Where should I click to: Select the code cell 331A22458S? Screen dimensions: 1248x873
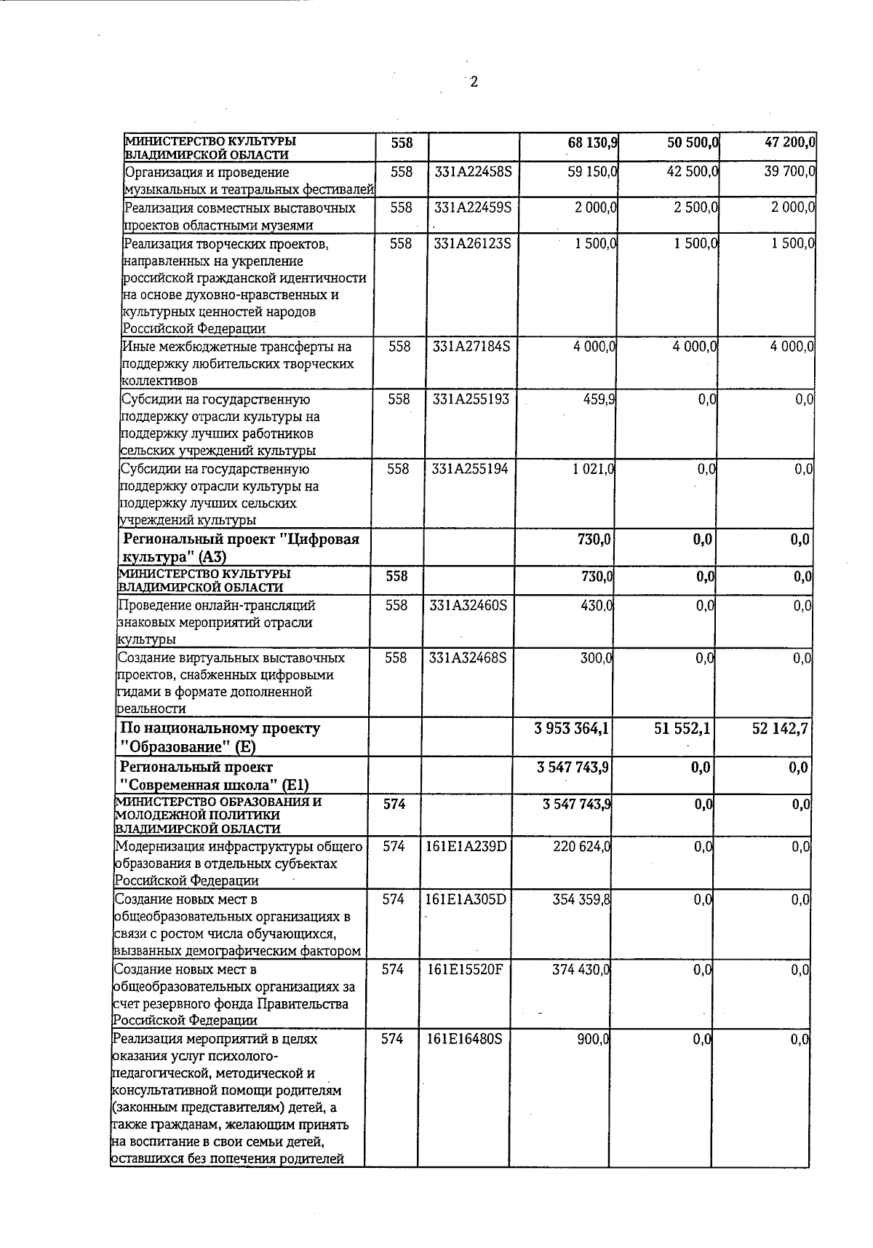click(x=474, y=173)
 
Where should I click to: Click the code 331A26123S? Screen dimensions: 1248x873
click(x=473, y=243)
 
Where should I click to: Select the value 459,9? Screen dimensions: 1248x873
click(x=600, y=399)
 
